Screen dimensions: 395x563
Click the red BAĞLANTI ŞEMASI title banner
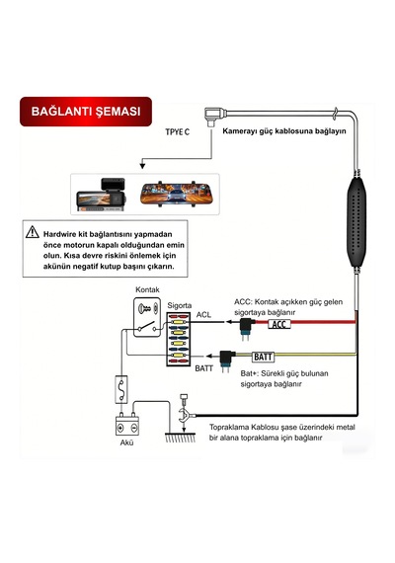tap(86, 112)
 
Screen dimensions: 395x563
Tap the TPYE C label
tap(178, 132)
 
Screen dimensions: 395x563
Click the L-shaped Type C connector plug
tap(214, 116)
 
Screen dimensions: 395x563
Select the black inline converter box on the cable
tap(356, 221)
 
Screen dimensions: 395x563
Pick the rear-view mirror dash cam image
tap(176, 195)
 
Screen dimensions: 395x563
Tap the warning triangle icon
tap(33, 232)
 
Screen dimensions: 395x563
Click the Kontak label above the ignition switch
tap(147, 289)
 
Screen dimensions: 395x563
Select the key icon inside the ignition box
tap(144, 308)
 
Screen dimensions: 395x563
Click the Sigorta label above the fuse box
tap(179, 305)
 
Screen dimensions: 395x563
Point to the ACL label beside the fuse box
tap(203, 315)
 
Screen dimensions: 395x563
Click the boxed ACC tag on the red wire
tap(279, 324)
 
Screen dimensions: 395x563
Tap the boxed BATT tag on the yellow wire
tap(263, 357)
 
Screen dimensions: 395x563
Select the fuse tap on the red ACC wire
tap(246, 329)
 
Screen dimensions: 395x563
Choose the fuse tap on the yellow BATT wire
tap(226, 361)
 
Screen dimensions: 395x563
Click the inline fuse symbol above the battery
tap(121, 389)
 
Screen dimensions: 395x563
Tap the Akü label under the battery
tap(126, 442)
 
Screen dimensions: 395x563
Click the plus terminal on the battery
tap(120, 428)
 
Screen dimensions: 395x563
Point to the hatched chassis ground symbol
tap(181, 438)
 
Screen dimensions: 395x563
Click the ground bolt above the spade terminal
tap(184, 399)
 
